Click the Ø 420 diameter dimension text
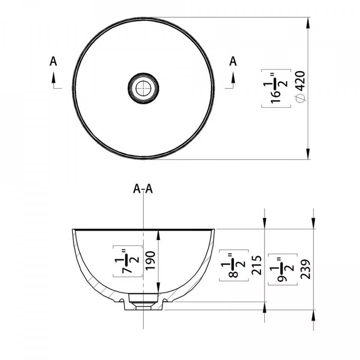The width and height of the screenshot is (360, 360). tap(300, 87)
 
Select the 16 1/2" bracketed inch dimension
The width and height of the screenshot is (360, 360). tap(276, 88)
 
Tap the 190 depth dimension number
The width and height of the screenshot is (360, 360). tap(150, 261)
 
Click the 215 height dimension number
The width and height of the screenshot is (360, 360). tap(256, 265)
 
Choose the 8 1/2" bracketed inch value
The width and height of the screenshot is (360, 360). tap(234, 265)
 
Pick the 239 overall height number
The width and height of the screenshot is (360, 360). tap(305, 269)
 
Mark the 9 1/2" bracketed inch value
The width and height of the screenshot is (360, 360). tap(283, 270)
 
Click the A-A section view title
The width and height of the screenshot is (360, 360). tap(143, 189)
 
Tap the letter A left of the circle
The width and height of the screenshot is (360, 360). tap(53, 61)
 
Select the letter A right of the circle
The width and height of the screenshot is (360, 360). tap(233, 61)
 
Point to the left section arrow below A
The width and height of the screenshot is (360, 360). tap(54, 80)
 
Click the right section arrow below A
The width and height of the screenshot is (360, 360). tap(233, 80)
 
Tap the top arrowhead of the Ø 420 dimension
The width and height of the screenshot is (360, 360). tap(308, 23)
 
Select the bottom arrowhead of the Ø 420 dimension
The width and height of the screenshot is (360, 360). tap(308, 154)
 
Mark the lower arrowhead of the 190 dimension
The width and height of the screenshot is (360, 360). tap(158, 288)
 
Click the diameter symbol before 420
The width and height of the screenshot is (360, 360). tap(300, 98)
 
